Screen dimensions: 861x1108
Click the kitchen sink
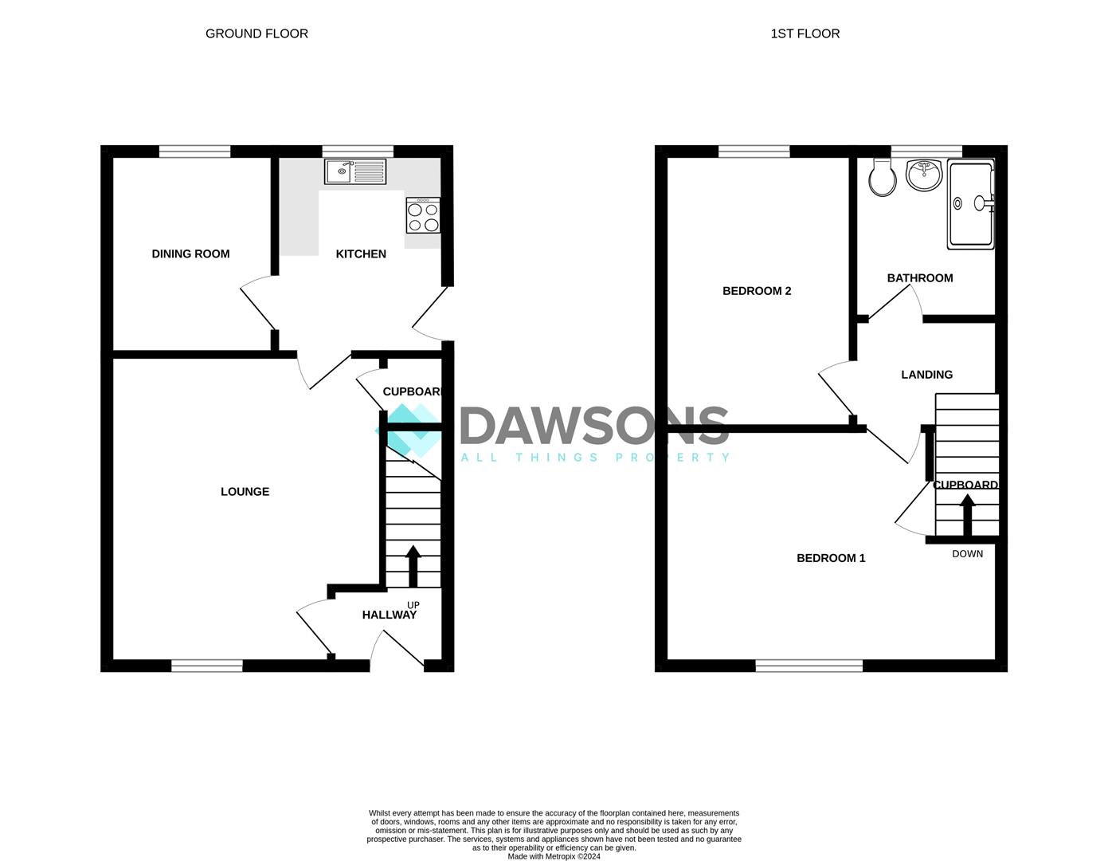click(x=355, y=171)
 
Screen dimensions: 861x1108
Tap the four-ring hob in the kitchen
click(x=423, y=215)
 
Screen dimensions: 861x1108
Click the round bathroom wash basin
click(x=924, y=175)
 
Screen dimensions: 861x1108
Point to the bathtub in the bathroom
click(x=970, y=205)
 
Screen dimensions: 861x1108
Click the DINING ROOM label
click(x=190, y=254)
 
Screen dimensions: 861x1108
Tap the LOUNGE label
click(x=245, y=492)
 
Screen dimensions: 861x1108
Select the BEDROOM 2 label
click(x=757, y=291)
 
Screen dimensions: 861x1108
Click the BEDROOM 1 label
click(x=831, y=558)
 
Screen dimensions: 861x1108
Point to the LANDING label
click(x=926, y=375)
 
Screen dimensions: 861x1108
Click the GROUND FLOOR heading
click(x=256, y=33)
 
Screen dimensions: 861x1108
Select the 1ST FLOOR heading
click(x=805, y=33)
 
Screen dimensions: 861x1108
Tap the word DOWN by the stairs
click(x=967, y=554)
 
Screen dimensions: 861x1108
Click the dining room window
click(x=194, y=151)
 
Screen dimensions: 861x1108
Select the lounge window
click(x=207, y=666)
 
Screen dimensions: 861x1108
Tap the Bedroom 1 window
click(x=808, y=666)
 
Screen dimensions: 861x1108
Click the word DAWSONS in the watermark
click(x=594, y=426)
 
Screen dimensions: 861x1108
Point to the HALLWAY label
click(x=389, y=615)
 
